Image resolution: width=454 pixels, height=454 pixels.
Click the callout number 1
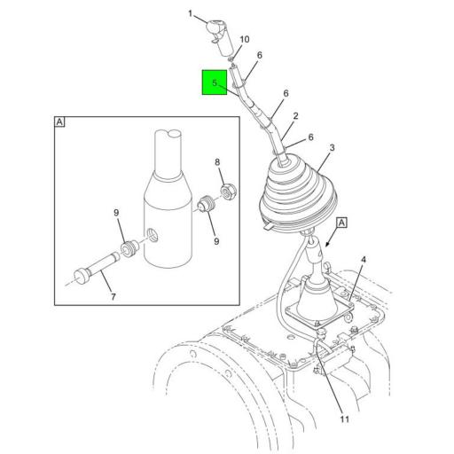(x=191, y=13)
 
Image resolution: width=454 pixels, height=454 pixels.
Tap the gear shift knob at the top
(x=219, y=36)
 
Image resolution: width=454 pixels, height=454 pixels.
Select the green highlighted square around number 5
(x=215, y=82)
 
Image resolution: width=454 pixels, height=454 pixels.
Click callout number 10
(x=245, y=39)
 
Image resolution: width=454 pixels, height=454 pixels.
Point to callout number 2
(x=296, y=116)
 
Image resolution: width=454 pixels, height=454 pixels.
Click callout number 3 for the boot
(x=332, y=147)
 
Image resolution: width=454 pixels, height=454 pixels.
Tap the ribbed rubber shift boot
(x=298, y=196)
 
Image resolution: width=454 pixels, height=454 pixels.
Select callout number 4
(x=364, y=260)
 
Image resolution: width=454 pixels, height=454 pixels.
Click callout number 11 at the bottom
(x=345, y=419)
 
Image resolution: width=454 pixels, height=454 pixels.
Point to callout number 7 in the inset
(x=113, y=296)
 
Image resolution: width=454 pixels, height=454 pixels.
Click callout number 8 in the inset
(x=217, y=162)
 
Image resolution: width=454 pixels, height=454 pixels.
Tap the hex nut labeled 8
(x=229, y=192)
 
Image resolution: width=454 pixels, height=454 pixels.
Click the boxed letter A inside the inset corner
(x=59, y=121)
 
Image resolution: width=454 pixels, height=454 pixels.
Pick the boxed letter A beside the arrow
(x=341, y=223)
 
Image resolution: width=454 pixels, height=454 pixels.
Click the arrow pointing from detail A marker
(x=332, y=238)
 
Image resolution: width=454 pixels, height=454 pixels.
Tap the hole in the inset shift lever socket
(x=153, y=235)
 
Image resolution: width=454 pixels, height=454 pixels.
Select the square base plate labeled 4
(x=319, y=313)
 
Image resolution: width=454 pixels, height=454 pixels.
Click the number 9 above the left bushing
(x=116, y=213)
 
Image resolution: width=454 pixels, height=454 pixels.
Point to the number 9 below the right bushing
(x=216, y=241)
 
